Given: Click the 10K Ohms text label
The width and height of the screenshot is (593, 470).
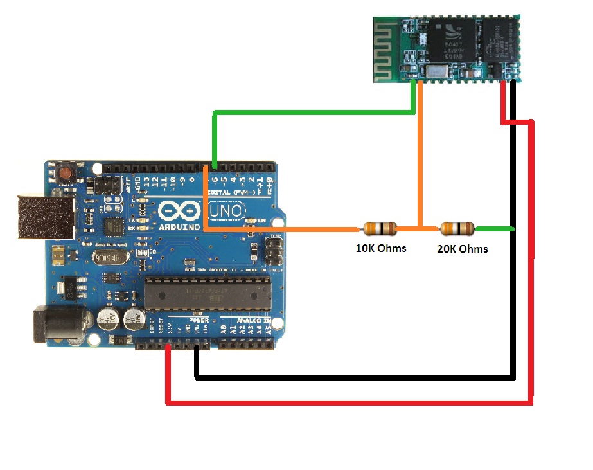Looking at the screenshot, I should point(381,248).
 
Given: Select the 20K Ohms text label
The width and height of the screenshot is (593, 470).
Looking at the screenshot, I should point(462,249).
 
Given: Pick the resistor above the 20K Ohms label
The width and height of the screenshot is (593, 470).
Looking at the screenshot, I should point(457,228).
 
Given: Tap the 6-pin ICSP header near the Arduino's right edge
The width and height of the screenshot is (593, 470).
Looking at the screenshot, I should point(273,251).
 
